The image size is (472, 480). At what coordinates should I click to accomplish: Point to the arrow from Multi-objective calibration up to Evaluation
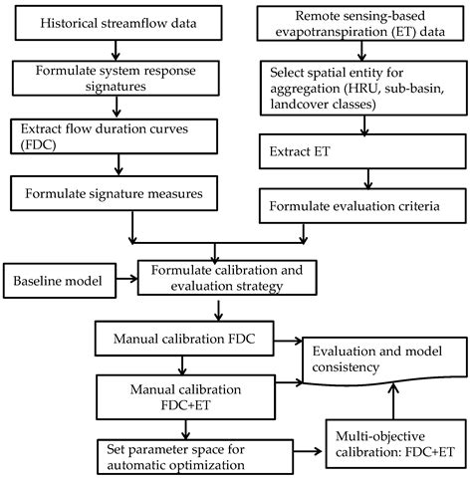pos(396,408)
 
